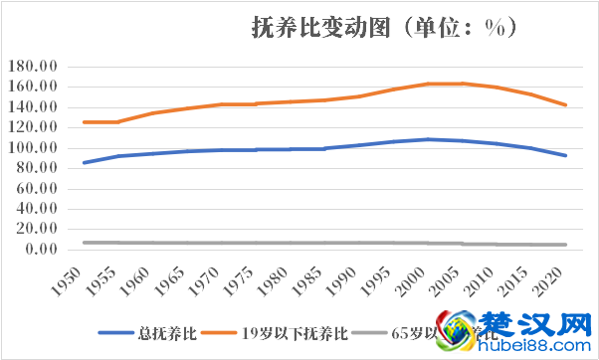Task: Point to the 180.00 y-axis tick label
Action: tap(34, 67)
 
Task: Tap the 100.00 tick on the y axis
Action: tap(34, 148)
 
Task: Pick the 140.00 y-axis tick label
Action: tap(34, 107)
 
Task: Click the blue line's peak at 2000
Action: tap(429, 139)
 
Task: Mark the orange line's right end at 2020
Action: tap(566, 104)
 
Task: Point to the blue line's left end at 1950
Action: tap(85, 162)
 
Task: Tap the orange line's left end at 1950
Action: tap(85, 122)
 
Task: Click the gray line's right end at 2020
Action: tap(566, 245)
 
